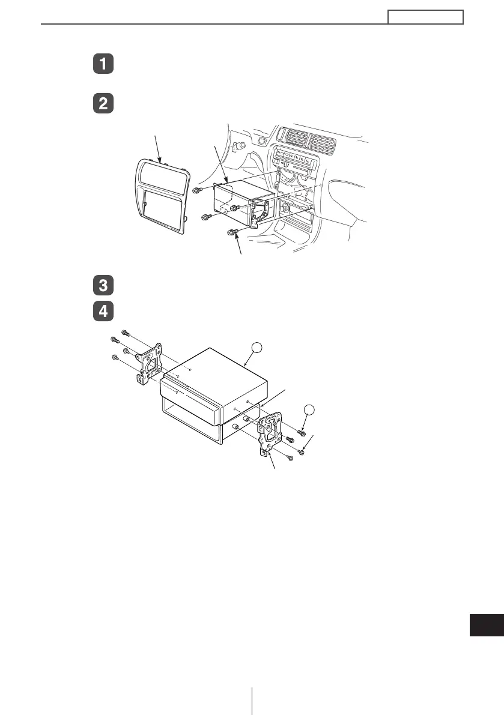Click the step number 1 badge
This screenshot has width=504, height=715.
point(103,65)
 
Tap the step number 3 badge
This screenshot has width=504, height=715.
point(103,285)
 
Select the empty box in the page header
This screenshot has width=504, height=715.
point(425,17)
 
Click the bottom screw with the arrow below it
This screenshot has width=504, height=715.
point(232,232)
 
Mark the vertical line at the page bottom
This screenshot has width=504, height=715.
point(252,701)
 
